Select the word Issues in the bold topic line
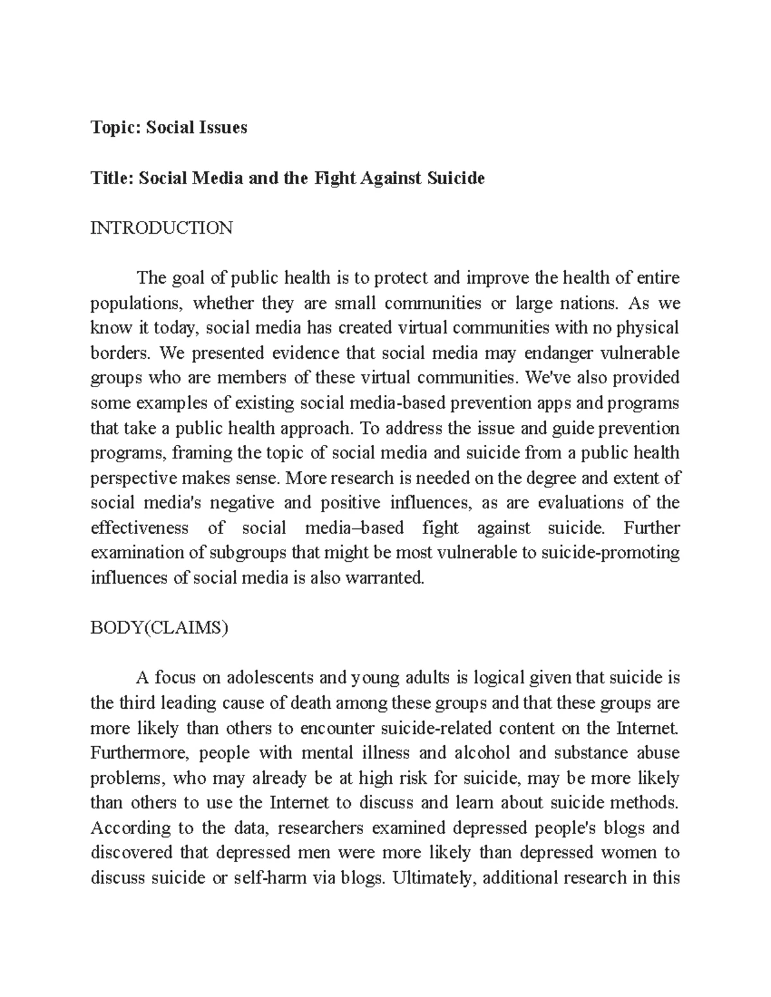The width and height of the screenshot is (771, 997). coord(223,128)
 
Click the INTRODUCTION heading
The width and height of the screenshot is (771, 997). coord(161,228)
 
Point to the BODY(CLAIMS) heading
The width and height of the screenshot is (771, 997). coord(159,628)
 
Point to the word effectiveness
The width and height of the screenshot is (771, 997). coord(139,528)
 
